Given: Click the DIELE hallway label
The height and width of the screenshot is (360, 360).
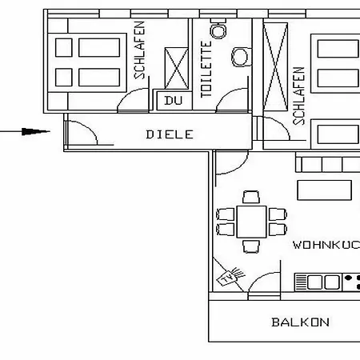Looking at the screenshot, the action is [170, 134].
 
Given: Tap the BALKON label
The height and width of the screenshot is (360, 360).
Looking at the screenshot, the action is [300, 322].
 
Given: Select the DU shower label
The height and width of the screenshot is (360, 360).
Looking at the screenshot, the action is [174, 101].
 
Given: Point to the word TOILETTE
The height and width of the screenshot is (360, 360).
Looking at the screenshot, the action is [206, 70].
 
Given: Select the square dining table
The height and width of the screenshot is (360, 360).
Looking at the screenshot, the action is [251, 222].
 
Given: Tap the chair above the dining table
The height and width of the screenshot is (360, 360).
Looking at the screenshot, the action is [251, 197].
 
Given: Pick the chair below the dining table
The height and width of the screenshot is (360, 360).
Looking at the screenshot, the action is [251, 246].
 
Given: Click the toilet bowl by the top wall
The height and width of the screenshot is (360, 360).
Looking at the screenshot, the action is [218, 29].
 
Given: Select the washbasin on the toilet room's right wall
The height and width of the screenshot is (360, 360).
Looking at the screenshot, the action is [242, 57].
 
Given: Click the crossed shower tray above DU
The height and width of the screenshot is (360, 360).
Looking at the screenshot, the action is [176, 68].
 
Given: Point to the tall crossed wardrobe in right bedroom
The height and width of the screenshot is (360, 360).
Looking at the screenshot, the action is [275, 67].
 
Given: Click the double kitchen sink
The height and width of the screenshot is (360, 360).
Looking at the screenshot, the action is [318, 282].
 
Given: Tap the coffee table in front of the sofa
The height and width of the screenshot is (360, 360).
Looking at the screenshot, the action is [324, 190].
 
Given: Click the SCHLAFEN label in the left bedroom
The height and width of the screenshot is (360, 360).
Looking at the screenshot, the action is [139, 50].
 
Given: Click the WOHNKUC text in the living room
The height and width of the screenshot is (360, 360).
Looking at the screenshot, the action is [326, 245].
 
